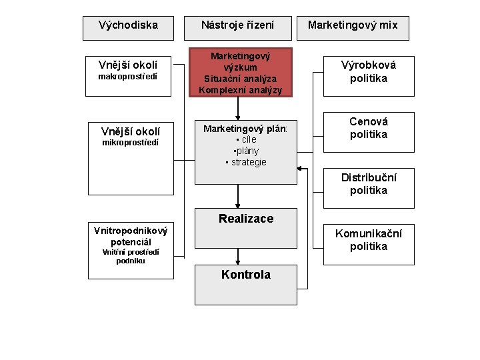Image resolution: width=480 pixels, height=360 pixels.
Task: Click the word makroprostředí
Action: pos(128,77)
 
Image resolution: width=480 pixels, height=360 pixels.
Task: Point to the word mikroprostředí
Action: pos(131,143)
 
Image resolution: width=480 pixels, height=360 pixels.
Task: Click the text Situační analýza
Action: pos(241,79)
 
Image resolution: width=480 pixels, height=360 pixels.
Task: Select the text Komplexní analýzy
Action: pos(241,90)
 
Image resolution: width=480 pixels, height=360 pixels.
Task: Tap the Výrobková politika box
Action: pos(369,72)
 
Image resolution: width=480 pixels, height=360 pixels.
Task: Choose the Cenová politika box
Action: pos(369,128)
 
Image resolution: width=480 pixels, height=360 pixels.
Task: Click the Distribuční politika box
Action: pos(369,185)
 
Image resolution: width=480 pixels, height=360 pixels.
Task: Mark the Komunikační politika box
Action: pos(369,239)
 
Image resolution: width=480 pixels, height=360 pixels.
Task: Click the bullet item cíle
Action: pos(247,139)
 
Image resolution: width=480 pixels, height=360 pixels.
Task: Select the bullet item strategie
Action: pos(246,162)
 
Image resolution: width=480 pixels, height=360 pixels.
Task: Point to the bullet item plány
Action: pos(246,151)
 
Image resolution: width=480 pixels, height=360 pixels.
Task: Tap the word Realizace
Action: pos(246,219)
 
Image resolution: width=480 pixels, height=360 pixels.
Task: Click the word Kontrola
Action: pos(246,275)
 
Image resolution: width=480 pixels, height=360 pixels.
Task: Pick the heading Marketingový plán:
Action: pos(245,128)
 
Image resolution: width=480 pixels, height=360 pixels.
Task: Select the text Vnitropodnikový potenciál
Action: pos(131,236)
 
